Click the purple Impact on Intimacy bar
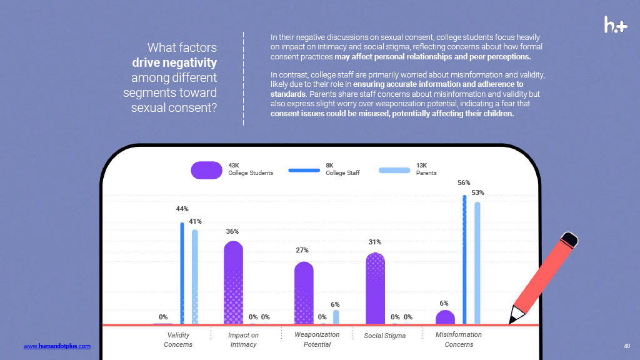[233, 282]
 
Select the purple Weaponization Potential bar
[304, 292]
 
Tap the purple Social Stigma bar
[375, 288]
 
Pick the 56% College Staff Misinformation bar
[464, 260]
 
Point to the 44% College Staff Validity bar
[182, 273]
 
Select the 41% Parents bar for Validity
[195, 277]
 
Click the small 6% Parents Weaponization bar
[336, 317]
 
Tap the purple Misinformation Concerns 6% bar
[445, 317]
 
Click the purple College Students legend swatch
[207, 169]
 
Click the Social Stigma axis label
[384, 336]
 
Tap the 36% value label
[232, 232]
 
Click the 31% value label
[375, 242]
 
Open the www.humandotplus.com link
[57, 346]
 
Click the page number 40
[627, 346]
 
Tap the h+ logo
[616, 24]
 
